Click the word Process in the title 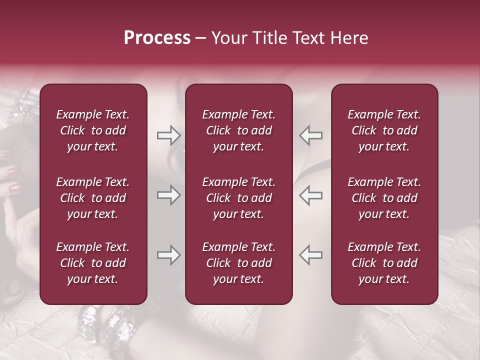pyautogui.click(x=157, y=38)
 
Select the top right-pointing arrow pyautogui.click(x=168, y=135)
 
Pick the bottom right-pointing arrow pyautogui.click(x=168, y=255)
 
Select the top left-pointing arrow pyautogui.click(x=310, y=135)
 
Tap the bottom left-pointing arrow pyautogui.click(x=310, y=255)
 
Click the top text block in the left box pyautogui.click(x=93, y=130)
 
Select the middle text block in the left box pyautogui.click(x=93, y=198)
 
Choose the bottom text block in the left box pyautogui.click(x=93, y=263)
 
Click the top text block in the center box pyautogui.click(x=239, y=130)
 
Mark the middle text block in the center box pyautogui.click(x=239, y=198)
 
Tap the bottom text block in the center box pyautogui.click(x=239, y=263)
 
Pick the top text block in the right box pyautogui.click(x=384, y=130)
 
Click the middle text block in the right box pyautogui.click(x=384, y=198)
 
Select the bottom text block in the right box pyautogui.click(x=384, y=263)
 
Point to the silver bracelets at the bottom pyautogui.click(x=107, y=322)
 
